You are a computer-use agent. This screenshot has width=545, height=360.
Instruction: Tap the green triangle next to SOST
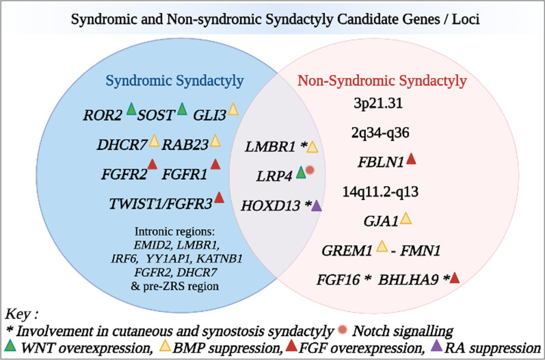pos(182,109)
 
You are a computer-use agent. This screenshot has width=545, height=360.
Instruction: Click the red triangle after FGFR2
pos(152,164)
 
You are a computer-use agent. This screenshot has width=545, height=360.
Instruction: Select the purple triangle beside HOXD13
pos(317,205)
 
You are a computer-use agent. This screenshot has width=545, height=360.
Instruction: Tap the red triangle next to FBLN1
pos(411,159)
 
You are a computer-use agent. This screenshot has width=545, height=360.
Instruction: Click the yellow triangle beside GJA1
pos(406,218)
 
